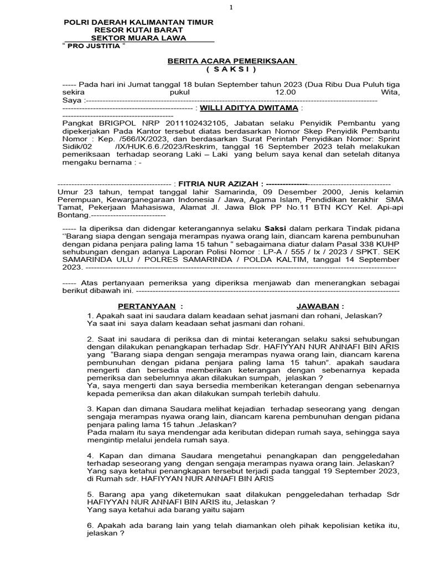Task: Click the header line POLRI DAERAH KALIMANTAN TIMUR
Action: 138,22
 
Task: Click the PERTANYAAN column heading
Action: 146,306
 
